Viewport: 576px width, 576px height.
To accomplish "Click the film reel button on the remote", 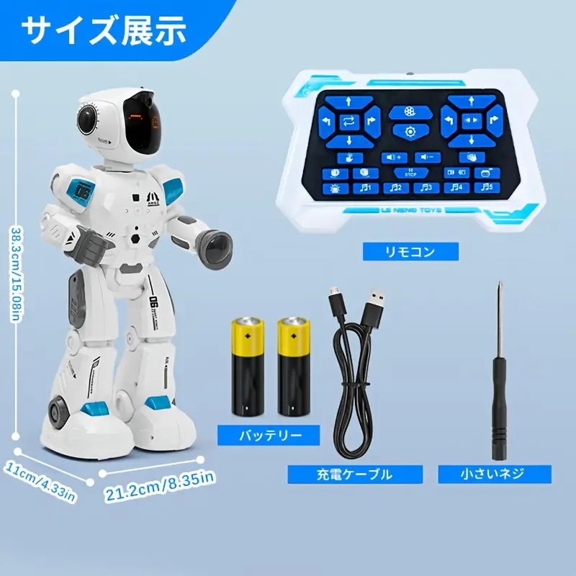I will pyautogui.click(x=411, y=112).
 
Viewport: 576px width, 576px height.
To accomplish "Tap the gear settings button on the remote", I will pyautogui.click(x=411, y=131).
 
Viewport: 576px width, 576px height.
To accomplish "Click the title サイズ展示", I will pyautogui.click(x=104, y=30).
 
